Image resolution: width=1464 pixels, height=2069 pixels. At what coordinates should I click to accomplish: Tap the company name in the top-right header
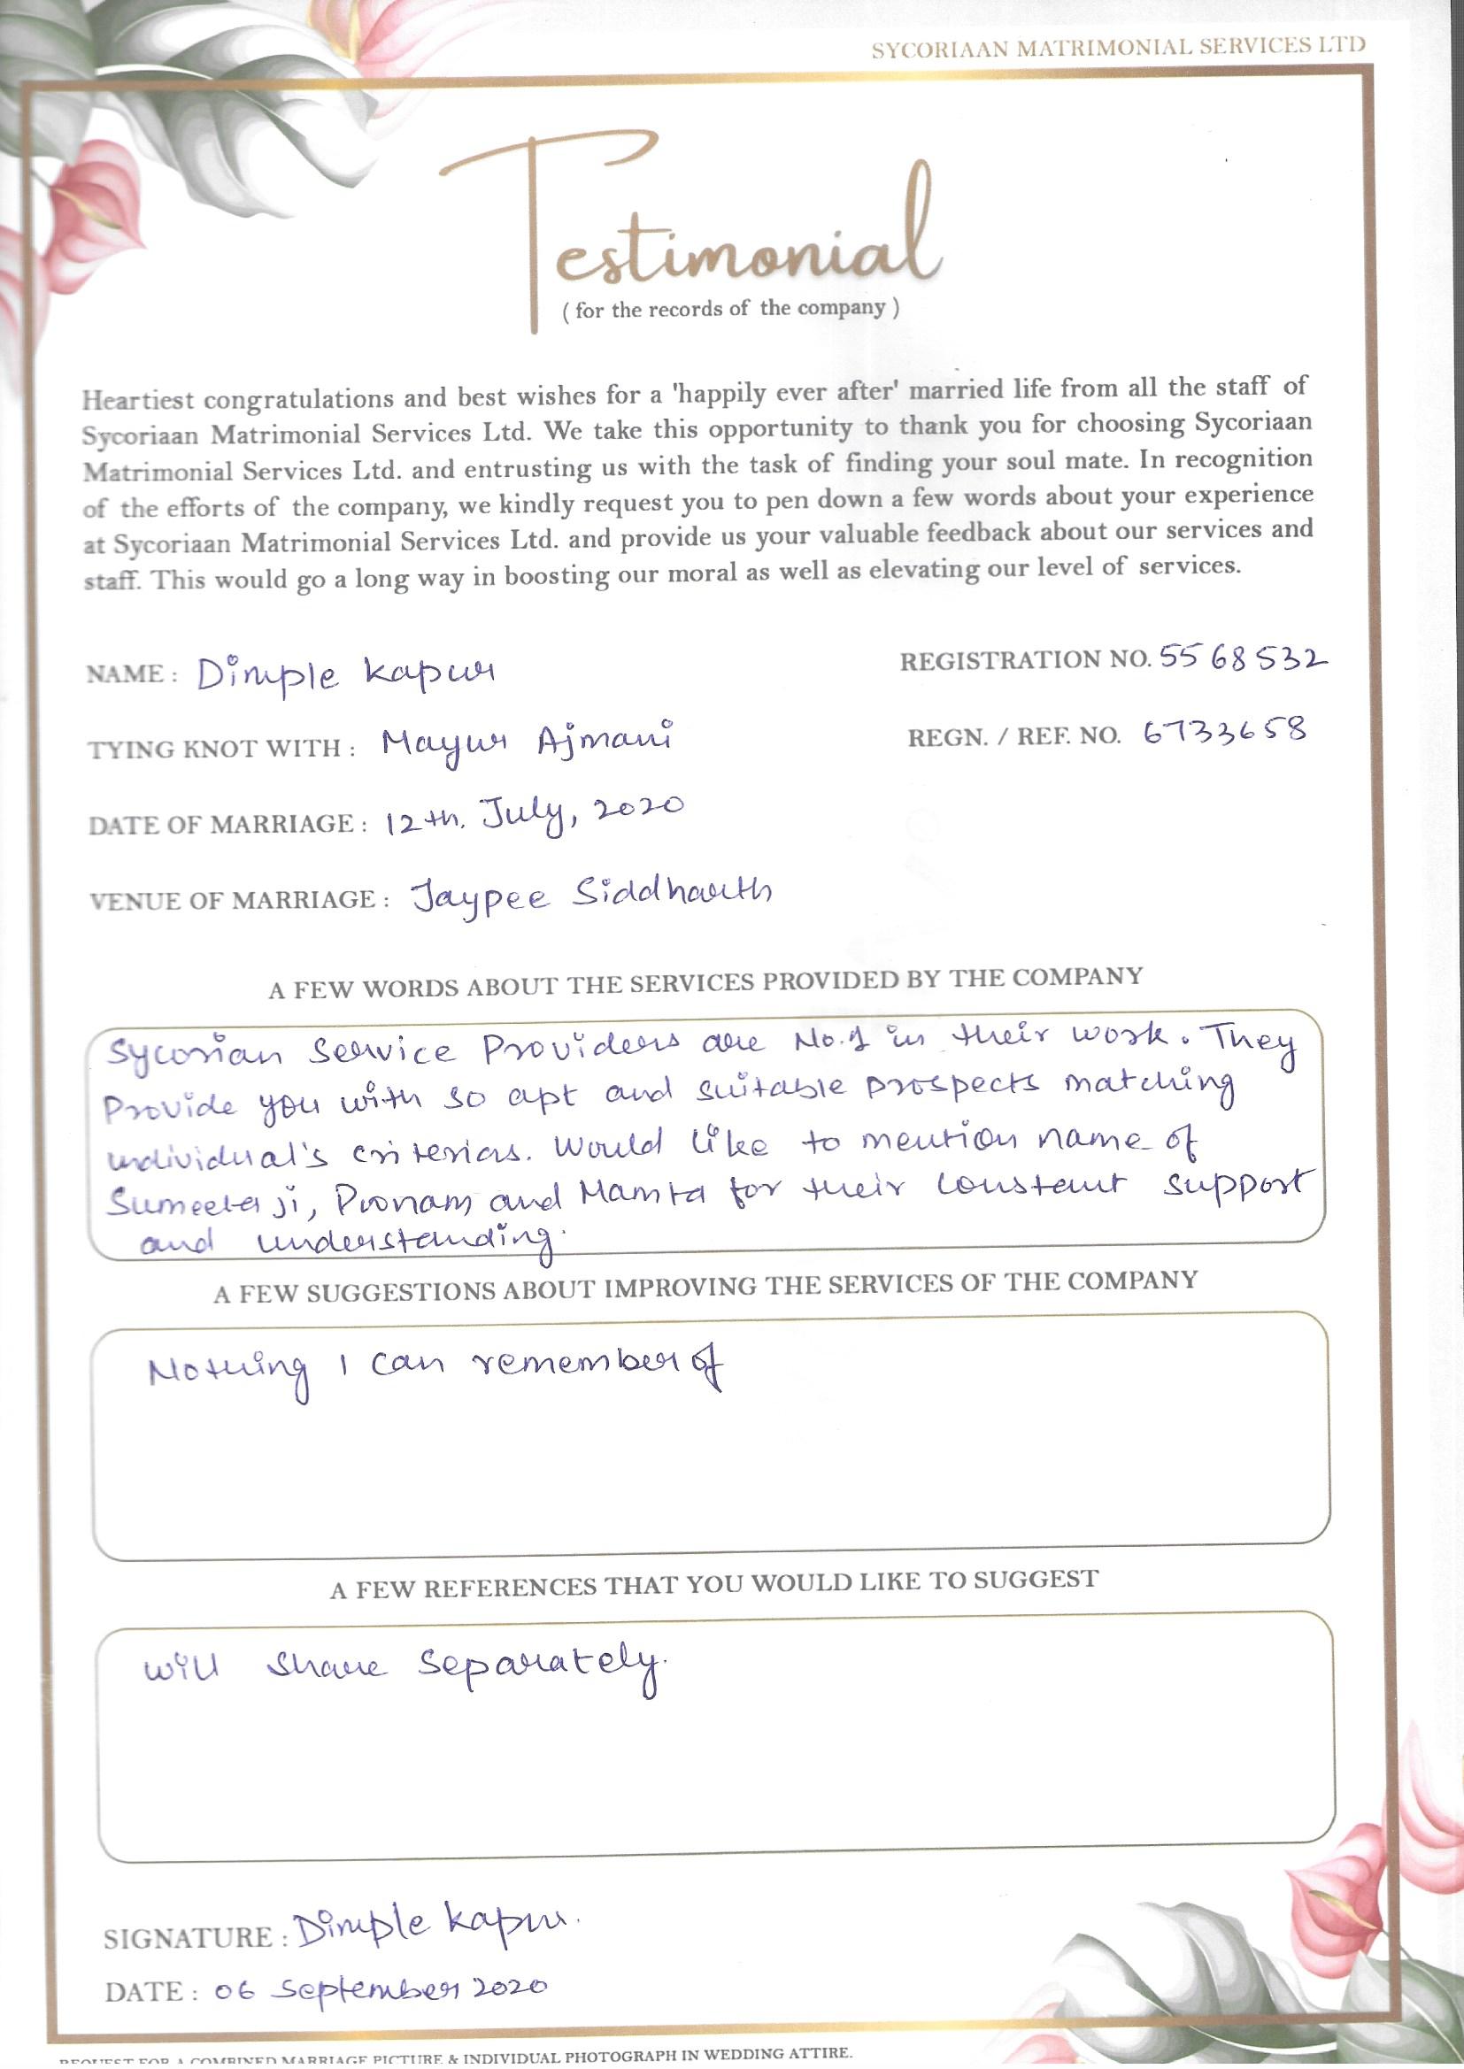tap(1118, 47)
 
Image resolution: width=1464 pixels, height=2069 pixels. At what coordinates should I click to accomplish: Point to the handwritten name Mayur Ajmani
tap(527, 742)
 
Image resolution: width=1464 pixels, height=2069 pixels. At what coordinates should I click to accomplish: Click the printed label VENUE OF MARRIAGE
tap(240, 900)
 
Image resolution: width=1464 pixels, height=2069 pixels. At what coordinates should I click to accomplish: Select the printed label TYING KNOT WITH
tap(222, 749)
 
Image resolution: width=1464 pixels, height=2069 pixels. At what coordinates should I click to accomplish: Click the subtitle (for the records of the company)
tap(730, 309)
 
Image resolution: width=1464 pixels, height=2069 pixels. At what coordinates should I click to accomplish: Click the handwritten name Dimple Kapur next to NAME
tap(346, 674)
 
